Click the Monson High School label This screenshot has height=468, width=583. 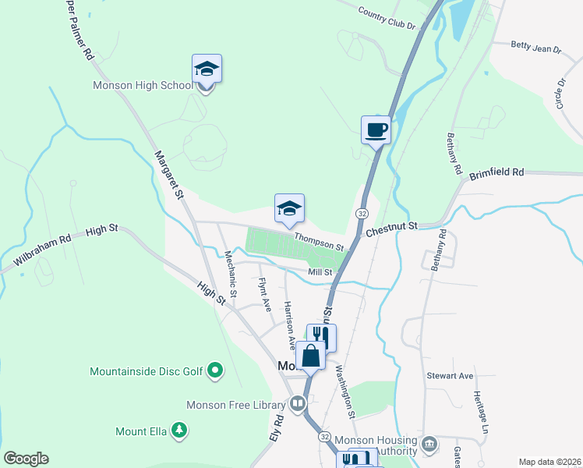pos(142,86)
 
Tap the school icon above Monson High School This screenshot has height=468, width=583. pos(207,70)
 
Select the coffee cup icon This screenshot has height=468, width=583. pos(376,129)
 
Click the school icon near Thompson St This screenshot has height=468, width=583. pos(289,208)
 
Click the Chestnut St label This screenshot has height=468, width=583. pos(392,226)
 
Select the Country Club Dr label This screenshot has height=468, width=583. pos(387,18)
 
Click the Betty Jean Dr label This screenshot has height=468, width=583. pos(536,48)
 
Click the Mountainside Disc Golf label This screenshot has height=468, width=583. pos(147,371)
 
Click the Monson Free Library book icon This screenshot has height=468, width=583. pos(297,404)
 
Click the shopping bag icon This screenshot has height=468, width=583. pos(310,356)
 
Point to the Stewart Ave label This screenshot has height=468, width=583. pos(450,375)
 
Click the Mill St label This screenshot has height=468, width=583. pos(320,272)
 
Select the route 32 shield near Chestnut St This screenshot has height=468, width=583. pos(362,213)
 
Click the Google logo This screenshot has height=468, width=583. pos(26,459)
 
